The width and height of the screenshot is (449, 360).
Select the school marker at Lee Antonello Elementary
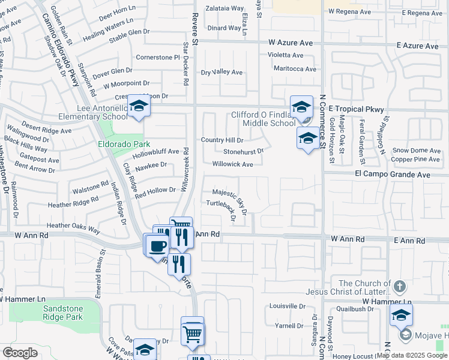[139, 106]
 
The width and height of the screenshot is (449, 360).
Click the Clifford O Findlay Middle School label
[264, 119]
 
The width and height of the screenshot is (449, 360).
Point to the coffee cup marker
[157, 245]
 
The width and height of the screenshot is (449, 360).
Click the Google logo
[19, 353]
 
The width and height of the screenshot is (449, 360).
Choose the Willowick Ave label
[232, 164]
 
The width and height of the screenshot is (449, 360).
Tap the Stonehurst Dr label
[243, 152]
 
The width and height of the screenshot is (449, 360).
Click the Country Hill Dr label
[221, 140]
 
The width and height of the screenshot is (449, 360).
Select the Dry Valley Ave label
[221, 72]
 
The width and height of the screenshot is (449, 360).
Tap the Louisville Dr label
[288, 305]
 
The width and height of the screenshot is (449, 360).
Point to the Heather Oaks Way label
[73, 227]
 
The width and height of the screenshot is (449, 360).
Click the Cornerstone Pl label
[158, 57]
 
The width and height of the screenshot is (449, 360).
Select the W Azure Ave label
[291, 43]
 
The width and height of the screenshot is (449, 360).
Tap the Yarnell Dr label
[289, 326]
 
